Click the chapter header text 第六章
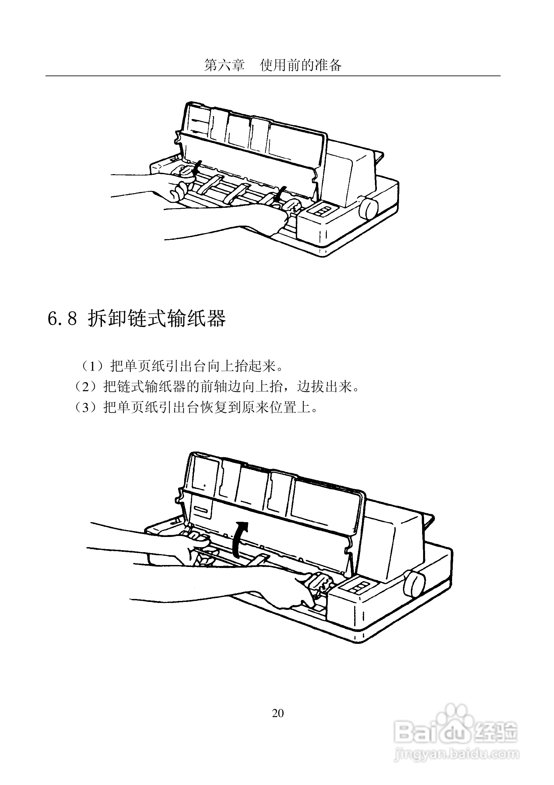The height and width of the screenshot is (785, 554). [224, 65]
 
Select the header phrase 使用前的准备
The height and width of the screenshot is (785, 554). [300, 65]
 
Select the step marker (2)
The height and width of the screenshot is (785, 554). [85, 387]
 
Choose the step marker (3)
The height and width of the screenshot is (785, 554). [85, 408]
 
